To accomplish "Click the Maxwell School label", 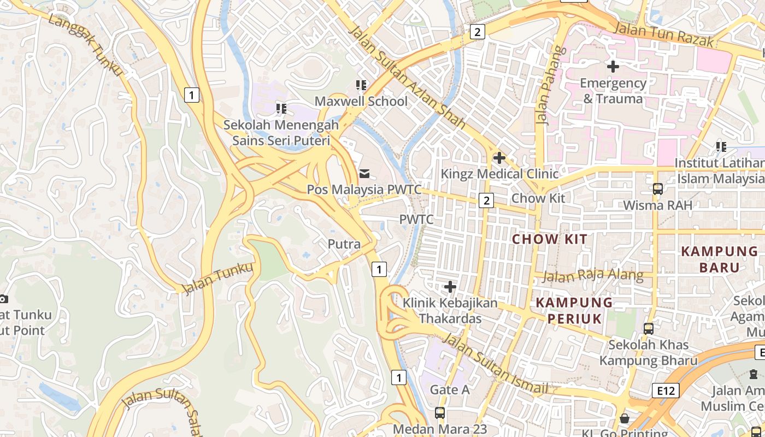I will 361,102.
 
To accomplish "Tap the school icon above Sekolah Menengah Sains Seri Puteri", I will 281,109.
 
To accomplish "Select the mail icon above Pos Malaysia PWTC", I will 364,174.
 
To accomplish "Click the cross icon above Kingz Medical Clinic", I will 499,158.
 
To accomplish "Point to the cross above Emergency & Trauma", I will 613,67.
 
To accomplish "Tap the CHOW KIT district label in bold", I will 550,239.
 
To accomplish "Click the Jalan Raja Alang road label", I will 593,275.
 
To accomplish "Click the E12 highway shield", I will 666,391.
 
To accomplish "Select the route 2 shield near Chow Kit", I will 486,200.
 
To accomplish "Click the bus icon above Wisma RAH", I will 658,189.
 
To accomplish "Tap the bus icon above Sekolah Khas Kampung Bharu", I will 649,329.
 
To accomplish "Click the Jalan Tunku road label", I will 217,278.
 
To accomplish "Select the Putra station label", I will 344,244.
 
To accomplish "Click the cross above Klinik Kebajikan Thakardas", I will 450,287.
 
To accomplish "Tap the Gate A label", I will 450,389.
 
